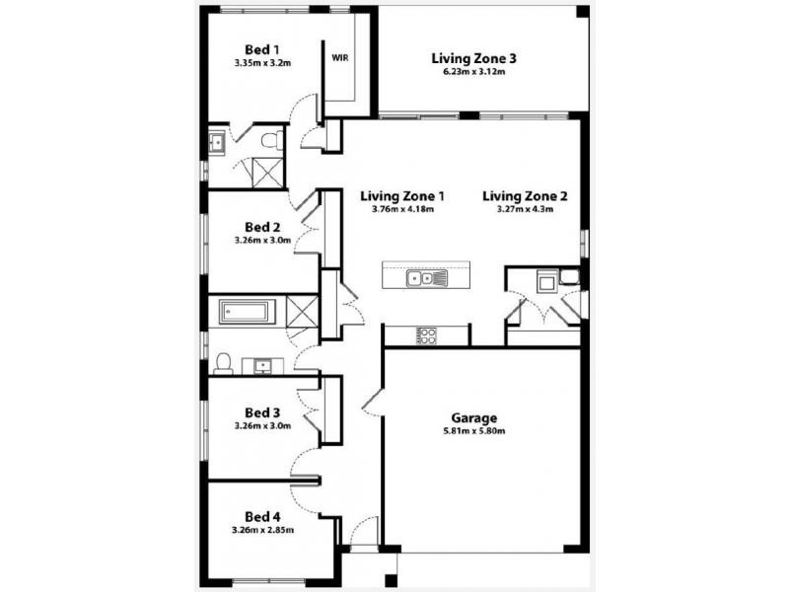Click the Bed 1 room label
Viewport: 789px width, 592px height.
(x=262, y=49)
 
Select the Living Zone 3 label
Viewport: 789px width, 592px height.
(x=474, y=58)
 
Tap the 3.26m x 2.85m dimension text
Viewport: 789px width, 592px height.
(x=262, y=530)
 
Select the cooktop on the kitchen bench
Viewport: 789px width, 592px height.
(x=426, y=335)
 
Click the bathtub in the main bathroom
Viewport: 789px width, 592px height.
(x=245, y=314)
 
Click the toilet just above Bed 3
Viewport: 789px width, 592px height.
(x=224, y=364)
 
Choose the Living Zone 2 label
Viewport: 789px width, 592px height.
(x=525, y=195)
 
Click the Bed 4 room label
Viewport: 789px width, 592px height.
(x=262, y=516)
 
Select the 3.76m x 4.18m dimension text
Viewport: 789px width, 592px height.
(x=402, y=209)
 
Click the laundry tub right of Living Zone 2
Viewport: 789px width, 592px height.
(x=546, y=283)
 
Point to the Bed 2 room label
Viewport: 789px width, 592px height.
(x=262, y=225)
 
